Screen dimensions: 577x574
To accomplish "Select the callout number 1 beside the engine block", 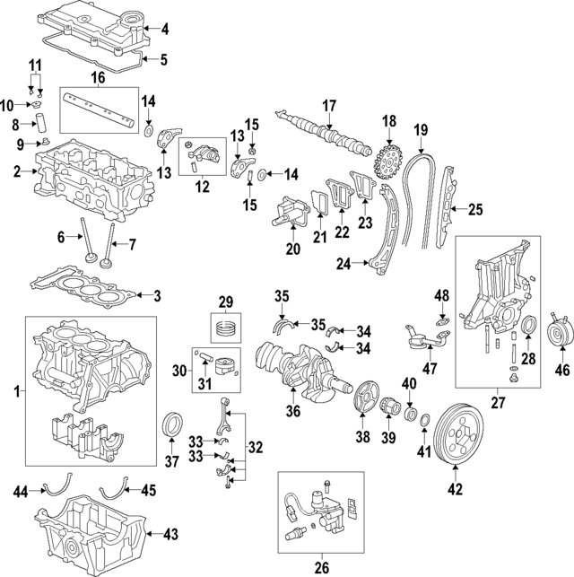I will (x=11, y=393).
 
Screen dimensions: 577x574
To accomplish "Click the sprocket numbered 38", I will (x=363, y=398).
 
